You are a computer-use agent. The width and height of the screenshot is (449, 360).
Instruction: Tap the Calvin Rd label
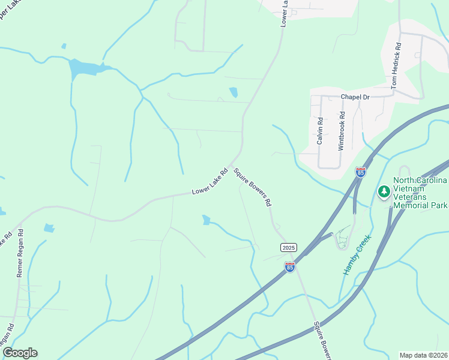pos(320,130)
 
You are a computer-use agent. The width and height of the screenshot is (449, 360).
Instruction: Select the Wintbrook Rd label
pos(342,130)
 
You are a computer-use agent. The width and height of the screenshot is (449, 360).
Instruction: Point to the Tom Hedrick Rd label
pos(395,66)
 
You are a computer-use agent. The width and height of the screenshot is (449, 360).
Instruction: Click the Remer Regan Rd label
pos(20,253)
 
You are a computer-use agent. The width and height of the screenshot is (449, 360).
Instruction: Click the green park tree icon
pos(384,192)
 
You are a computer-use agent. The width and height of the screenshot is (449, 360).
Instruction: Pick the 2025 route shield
pos(289,247)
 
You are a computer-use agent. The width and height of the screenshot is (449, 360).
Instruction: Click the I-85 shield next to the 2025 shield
pos(290,267)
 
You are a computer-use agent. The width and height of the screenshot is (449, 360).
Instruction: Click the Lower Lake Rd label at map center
pos(210,182)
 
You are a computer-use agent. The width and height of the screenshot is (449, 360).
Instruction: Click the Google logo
pos(20,353)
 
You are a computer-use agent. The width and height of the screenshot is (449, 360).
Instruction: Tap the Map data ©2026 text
pos(423,355)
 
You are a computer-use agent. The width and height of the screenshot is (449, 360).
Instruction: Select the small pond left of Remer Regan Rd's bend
pos(49,228)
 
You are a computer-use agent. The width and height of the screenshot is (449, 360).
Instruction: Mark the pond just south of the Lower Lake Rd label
pos(206,220)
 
